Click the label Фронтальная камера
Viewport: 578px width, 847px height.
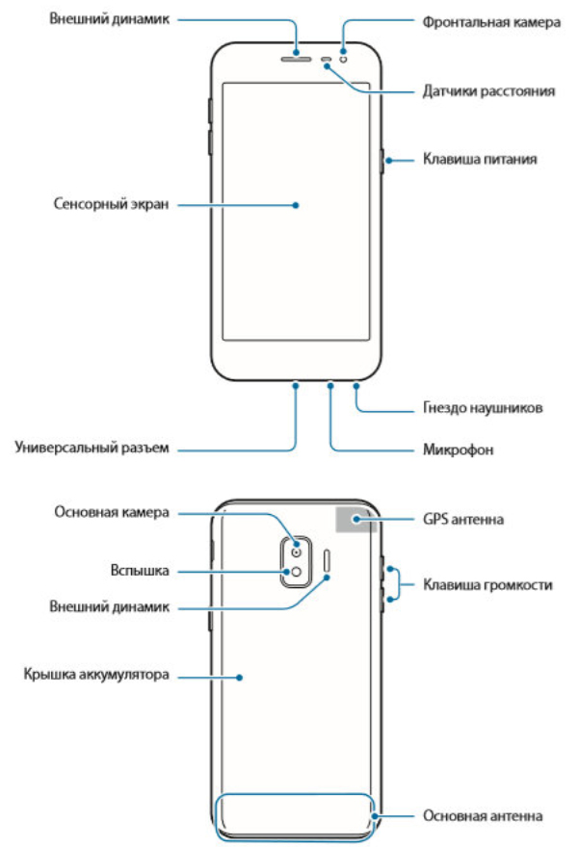tap(491, 22)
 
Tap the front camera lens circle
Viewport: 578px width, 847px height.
tap(343, 58)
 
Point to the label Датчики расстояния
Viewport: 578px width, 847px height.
tap(488, 90)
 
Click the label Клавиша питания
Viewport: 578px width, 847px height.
tap(480, 160)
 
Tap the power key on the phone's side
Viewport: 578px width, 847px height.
tap(382, 161)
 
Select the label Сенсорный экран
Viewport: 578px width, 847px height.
tap(111, 204)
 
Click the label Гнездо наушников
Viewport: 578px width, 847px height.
tap(483, 407)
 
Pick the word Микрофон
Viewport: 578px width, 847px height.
tap(458, 449)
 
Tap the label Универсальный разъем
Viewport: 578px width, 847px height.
tap(92, 448)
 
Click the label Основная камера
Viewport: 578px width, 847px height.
tap(112, 512)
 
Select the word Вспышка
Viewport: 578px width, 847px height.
tap(140, 571)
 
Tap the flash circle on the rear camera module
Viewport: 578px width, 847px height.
tap(297, 572)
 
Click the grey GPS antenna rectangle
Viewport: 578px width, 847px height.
tap(355, 519)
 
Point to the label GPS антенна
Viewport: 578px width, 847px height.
tap(462, 519)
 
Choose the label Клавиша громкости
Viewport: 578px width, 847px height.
tap(487, 585)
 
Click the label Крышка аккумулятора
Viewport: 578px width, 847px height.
tap(96, 675)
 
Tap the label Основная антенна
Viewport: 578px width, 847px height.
tap(483, 815)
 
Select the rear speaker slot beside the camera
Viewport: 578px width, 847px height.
tap(328, 561)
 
